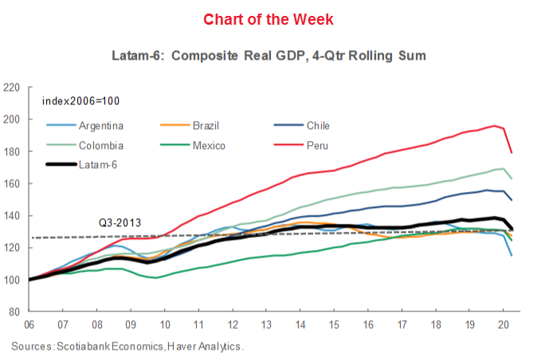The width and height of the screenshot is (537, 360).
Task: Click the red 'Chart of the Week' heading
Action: tap(268, 18)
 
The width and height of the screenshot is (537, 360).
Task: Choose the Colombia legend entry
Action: tap(100, 146)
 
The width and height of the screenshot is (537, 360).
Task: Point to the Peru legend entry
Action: tap(316, 146)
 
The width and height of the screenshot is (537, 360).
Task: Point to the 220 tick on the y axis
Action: tap(12, 87)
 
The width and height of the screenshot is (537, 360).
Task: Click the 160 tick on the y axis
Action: tap(12, 183)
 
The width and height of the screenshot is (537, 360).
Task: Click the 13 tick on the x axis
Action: tap(266, 325)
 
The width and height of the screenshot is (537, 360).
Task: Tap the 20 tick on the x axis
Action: tap(504, 325)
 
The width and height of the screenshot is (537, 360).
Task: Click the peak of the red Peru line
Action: tap(496, 125)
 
